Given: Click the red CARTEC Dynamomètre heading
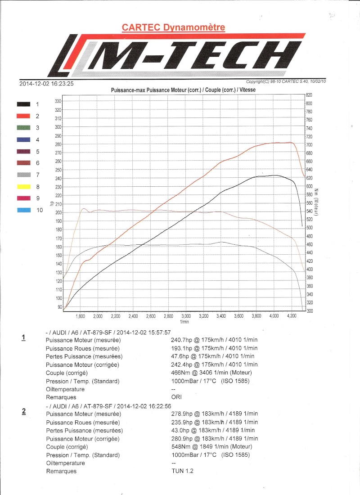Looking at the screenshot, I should click(173, 27).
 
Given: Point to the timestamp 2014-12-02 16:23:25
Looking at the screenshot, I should click(46, 83).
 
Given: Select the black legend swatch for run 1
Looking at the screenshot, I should click(23, 104).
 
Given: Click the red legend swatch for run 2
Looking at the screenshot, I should click(23, 116).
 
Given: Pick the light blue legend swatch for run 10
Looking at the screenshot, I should click(23, 210).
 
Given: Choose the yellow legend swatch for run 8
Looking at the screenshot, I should click(23, 186).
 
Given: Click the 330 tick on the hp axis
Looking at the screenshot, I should click(58, 102).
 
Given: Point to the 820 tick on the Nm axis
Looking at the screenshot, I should click(309, 95).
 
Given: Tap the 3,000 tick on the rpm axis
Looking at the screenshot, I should click(186, 316).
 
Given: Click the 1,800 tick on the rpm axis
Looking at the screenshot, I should click(81, 316).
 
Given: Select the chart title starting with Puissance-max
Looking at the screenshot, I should click(183, 90).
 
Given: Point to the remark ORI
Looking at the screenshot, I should click(176, 397).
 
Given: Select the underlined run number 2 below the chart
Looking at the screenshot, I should click(24, 410).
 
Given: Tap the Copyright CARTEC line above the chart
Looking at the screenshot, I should click(286, 81).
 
